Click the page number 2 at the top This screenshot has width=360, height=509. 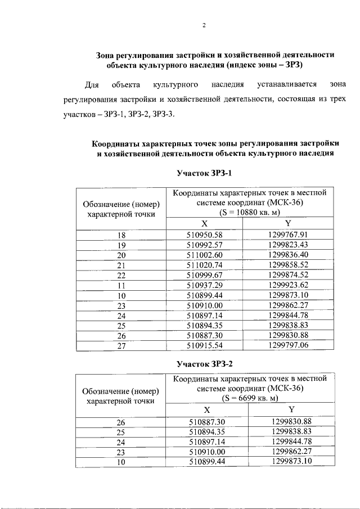coord(205,25)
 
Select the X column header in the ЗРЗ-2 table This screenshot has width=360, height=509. coord(207,409)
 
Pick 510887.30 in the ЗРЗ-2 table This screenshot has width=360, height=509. coord(207,421)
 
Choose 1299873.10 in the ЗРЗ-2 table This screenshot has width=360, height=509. coord(291,462)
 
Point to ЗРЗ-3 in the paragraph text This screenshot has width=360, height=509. coord(162,115)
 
